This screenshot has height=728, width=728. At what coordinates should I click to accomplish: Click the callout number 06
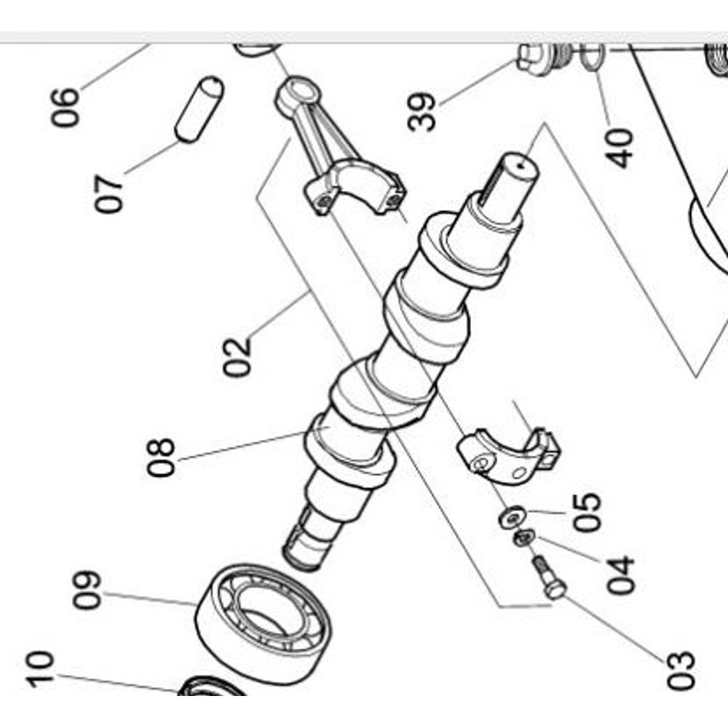[65, 107]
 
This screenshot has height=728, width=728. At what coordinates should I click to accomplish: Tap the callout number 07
[109, 194]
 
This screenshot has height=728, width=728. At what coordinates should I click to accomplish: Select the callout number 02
[237, 357]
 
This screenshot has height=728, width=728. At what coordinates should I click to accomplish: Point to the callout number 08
[161, 457]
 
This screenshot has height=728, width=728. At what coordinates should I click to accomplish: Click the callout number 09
[87, 590]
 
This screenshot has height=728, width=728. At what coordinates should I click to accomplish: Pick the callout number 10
[40, 669]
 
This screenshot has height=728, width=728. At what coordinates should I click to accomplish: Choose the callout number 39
[422, 112]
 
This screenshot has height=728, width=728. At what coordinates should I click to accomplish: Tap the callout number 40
[620, 148]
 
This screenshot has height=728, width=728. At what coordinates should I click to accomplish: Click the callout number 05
[587, 512]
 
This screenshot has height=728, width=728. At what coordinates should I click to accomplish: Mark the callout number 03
[681, 670]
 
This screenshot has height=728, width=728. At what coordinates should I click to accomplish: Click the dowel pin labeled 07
[199, 110]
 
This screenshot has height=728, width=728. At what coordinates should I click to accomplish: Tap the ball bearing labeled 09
[264, 624]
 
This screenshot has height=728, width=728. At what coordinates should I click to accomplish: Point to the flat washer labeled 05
[513, 517]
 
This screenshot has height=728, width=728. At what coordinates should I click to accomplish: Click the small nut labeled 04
[523, 538]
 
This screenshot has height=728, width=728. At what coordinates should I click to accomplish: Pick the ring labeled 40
[593, 57]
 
